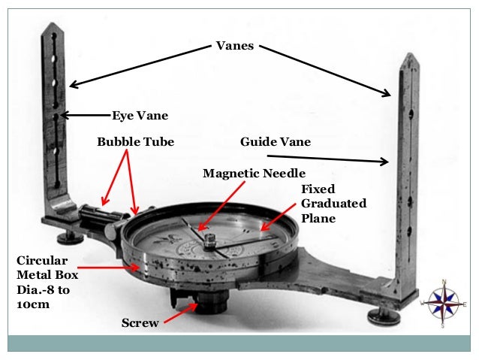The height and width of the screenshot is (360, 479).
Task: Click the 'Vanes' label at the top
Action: coord(235,46)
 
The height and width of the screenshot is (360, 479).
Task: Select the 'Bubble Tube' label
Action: coord(135,141)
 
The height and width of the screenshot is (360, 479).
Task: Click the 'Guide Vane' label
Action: coord(275,141)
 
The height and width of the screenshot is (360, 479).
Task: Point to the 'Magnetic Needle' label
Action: coord(254,174)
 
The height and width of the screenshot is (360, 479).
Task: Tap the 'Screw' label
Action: coord(140,323)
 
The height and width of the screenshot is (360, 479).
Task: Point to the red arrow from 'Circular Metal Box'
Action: coord(108,267)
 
